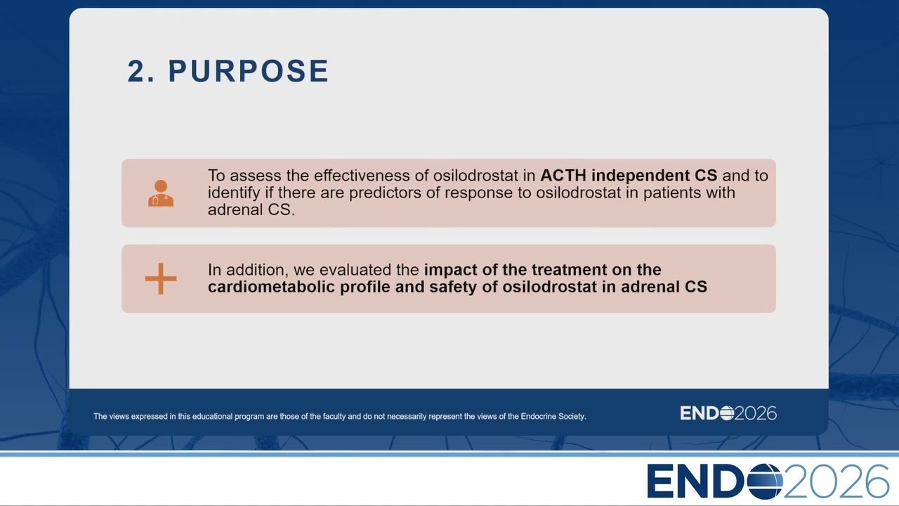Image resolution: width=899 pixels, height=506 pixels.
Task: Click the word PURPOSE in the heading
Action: [249, 71]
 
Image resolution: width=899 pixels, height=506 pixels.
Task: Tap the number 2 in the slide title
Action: [136, 71]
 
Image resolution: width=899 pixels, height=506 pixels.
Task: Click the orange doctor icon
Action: [161, 193]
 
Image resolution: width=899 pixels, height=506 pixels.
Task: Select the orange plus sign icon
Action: [161, 279]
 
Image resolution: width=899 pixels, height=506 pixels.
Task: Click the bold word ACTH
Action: [563, 176]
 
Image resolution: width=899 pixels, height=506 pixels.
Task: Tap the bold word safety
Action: [453, 287]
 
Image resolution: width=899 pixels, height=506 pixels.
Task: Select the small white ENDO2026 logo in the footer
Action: [728, 413]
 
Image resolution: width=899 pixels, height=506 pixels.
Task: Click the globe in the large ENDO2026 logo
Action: [765, 481]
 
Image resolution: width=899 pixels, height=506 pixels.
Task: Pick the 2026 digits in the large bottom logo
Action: [836, 481]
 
